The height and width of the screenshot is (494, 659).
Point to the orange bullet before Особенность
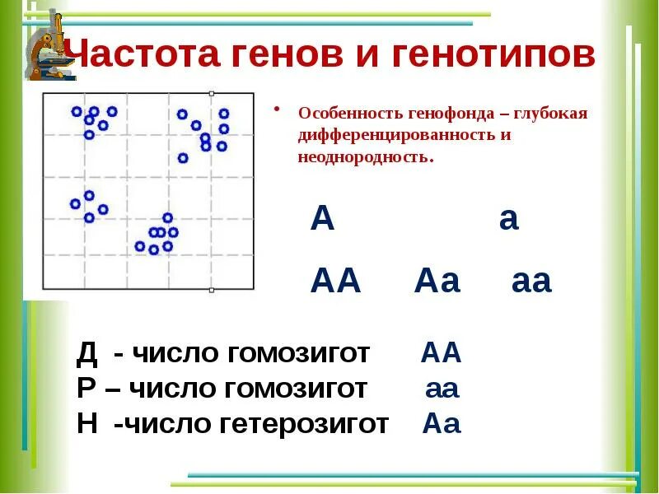coord(278,110)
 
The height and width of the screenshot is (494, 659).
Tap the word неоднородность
coord(365,156)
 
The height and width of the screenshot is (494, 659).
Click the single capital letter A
coord(323,221)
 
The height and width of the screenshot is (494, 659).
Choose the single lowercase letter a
coord(508,221)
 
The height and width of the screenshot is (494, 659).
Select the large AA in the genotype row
coord(335,282)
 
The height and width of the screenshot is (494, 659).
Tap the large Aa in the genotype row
coord(437,282)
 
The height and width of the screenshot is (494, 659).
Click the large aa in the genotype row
coord(530,282)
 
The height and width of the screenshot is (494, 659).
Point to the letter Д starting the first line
coord(86,354)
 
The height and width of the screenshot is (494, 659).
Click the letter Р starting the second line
coord(85,389)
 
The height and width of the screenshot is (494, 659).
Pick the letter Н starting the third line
coord(86,424)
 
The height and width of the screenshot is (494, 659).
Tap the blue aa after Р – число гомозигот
coord(441,389)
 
